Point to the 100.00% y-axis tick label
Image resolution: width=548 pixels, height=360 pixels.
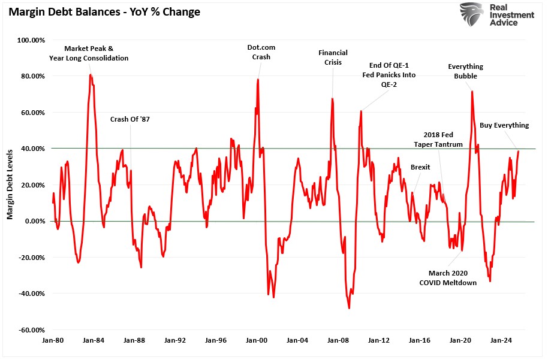(29, 40)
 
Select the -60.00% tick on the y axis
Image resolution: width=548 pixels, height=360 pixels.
(29, 330)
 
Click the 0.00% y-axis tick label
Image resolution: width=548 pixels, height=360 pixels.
(31, 221)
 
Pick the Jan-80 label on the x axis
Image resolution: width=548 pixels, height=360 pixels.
(52, 340)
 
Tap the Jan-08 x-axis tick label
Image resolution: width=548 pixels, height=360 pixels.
(338, 340)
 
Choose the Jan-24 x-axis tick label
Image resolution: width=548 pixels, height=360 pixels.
(501, 340)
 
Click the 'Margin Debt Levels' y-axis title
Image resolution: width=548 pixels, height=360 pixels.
(10, 185)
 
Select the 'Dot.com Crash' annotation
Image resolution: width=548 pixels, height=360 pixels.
(261, 52)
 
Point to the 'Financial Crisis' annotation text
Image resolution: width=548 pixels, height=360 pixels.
(333, 58)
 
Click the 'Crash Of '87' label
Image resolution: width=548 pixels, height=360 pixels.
(130, 119)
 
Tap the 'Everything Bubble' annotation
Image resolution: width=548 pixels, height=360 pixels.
(465, 71)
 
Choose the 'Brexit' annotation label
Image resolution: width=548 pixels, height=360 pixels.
(420, 167)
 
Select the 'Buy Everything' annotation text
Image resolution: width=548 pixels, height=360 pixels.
(504, 126)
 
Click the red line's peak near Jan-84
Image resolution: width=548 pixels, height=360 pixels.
(91, 74)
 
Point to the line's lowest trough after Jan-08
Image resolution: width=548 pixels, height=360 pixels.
(349, 308)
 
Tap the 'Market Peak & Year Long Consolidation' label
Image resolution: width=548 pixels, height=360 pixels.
(89, 53)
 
